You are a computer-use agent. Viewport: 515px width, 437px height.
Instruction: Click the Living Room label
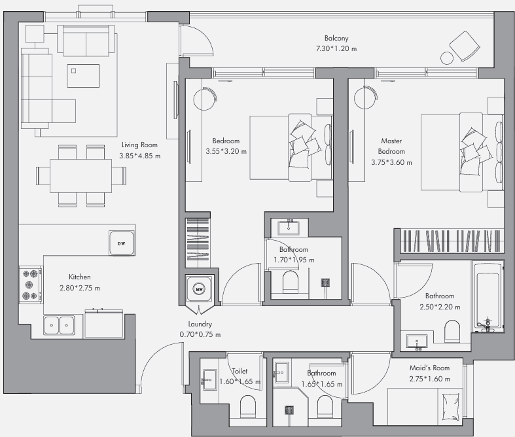139,145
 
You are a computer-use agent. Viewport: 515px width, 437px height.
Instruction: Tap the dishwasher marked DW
122,243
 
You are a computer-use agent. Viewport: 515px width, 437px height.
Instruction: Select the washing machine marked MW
199,288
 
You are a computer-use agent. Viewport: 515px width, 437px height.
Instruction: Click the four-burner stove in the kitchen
30,285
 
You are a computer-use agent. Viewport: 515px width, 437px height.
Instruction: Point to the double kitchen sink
59,325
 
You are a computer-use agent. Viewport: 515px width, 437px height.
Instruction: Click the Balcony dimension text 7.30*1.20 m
336,48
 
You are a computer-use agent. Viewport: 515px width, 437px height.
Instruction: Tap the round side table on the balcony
447,58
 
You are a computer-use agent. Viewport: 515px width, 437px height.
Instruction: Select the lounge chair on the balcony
465,46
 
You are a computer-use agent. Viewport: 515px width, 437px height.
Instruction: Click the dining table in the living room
80,176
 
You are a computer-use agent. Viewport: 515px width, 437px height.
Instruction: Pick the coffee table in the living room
83,76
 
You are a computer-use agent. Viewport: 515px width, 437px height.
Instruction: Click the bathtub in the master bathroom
488,296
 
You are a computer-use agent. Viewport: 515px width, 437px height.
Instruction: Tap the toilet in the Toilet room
247,406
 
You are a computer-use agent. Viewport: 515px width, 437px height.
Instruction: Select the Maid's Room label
430,368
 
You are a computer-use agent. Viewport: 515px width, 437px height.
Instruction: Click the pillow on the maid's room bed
451,408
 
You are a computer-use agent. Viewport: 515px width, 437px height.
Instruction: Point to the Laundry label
200,324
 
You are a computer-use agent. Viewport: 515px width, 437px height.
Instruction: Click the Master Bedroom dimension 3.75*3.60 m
391,162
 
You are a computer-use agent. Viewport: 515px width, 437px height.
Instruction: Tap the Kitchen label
79,277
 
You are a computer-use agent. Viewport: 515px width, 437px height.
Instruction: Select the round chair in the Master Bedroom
366,97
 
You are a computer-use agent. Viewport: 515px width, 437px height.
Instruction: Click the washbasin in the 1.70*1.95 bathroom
289,227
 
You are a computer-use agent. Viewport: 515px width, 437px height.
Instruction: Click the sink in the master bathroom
417,341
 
